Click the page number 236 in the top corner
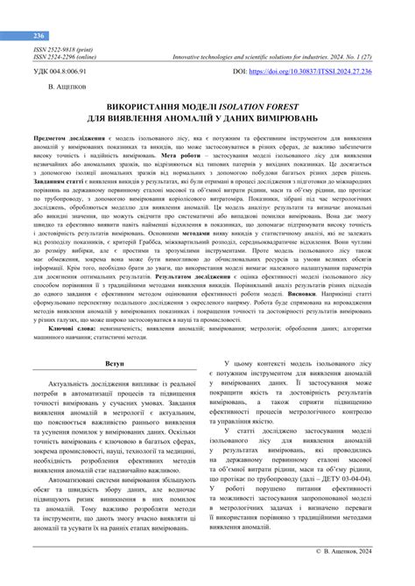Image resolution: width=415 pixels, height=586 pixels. tap(39, 36)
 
